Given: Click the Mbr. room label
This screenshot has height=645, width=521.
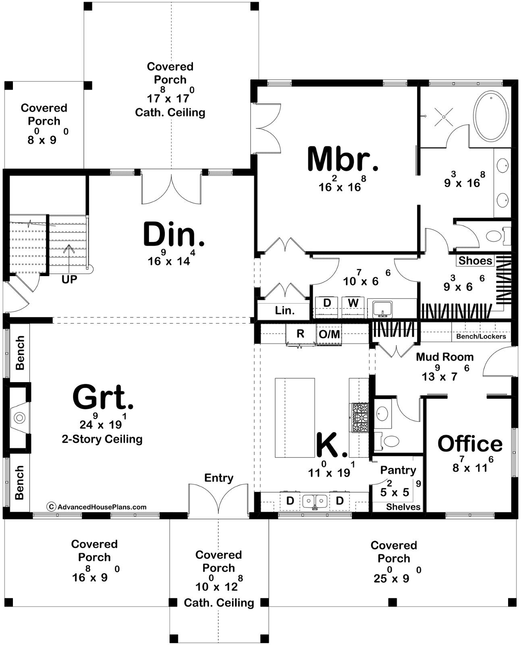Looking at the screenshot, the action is pyautogui.click(x=342, y=159).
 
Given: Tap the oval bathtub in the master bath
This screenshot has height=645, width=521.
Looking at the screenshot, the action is pyautogui.click(x=491, y=116).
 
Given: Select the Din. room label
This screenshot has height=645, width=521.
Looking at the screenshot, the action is pyautogui.click(x=174, y=234).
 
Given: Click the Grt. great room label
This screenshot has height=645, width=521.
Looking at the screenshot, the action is pyautogui.click(x=103, y=397).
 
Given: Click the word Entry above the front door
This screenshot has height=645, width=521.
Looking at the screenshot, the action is pyautogui.click(x=218, y=478).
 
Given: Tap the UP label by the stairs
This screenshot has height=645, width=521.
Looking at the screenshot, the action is pyautogui.click(x=69, y=279).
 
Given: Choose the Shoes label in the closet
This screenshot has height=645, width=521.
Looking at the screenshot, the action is pyautogui.click(x=475, y=261).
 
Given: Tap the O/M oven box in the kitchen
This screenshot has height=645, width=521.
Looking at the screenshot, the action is pyautogui.click(x=329, y=334).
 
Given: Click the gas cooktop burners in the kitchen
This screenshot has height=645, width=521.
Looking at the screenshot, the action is pyautogui.click(x=359, y=417).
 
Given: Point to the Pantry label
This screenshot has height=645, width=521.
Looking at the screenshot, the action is pyautogui.click(x=398, y=470).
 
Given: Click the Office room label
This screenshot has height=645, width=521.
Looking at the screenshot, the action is pyautogui.click(x=470, y=444).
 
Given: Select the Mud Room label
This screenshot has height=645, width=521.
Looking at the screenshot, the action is pyautogui.click(x=445, y=357).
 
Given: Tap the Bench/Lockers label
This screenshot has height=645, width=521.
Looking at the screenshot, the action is pyautogui.click(x=481, y=337).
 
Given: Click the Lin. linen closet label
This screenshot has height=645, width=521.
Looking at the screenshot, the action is pyautogui.click(x=284, y=310).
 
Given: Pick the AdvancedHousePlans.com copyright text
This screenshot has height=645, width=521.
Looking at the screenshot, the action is pyautogui.click(x=97, y=507).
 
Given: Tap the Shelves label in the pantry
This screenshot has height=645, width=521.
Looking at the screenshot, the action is pyautogui.click(x=403, y=507).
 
